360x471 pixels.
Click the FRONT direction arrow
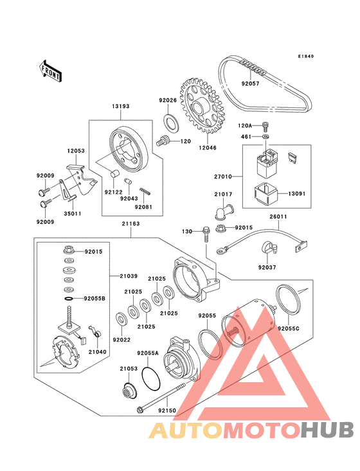[50, 71]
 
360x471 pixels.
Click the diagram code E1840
[306, 56]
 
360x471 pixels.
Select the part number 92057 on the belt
[250, 84]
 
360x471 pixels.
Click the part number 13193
[120, 106]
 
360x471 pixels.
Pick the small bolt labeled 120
[163, 140]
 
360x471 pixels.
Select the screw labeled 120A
[265, 126]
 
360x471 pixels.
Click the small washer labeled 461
[265, 137]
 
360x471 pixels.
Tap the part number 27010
[223, 176]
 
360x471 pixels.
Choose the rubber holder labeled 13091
[265, 192]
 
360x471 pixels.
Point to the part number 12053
[76, 151]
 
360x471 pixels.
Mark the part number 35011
[72, 214]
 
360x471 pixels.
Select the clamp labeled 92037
[269, 247]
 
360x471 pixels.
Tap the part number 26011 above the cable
[278, 216]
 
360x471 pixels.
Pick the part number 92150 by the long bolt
[167, 411]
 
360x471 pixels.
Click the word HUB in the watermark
[328, 430]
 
